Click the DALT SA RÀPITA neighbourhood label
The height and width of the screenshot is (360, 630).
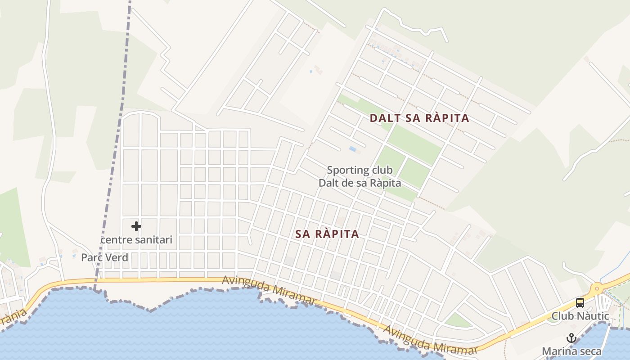click(x=419, y=118)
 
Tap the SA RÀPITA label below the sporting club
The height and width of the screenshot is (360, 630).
click(x=327, y=234)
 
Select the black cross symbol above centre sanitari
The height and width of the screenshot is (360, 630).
click(x=136, y=226)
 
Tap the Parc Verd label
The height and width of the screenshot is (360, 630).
click(x=104, y=257)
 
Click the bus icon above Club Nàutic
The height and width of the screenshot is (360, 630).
click(x=580, y=302)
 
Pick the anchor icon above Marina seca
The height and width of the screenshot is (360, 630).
click(x=571, y=338)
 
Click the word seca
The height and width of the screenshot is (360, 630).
click(x=589, y=351)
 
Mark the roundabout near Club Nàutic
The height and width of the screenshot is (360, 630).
click(x=597, y=288)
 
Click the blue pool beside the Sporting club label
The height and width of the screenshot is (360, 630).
click(x=353, y=148)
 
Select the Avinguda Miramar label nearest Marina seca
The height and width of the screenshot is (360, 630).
click(x=430, y=341)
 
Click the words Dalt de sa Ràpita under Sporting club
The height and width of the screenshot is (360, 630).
click(x=360, y=183)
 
